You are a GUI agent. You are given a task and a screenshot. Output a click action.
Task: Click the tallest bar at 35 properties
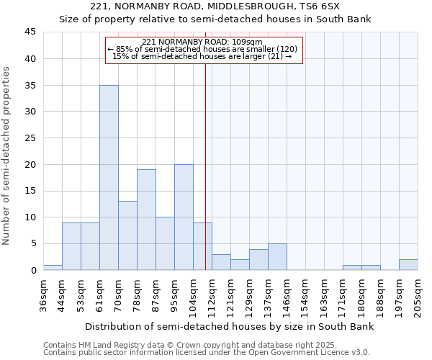tap(109, 177)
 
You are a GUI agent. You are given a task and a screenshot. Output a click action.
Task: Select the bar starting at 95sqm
tap(184, 217)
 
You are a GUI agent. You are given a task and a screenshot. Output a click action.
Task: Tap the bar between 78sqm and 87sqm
tap(146, 220)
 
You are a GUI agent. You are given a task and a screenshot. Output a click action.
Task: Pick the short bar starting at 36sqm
tap(53, 267)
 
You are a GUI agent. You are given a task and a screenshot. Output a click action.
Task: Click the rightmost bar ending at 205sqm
tap(408, 264)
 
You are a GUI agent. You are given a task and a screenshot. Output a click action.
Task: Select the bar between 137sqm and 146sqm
tap(277, 256)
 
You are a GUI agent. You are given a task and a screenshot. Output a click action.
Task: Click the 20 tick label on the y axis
tap(30, 164)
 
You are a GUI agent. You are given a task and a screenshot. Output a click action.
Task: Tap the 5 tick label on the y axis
tap(33, 243)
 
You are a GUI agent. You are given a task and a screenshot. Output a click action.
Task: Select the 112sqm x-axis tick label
tap(212, 294)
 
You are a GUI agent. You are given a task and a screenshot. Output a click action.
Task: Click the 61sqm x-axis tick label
tap(100, 294)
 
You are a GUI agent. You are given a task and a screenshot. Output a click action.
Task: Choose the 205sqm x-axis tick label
tap(418, 294)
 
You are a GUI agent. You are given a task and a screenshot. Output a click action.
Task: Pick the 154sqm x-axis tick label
tap(306, 294)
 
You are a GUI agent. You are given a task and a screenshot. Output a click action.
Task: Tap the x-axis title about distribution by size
tap(230, 327)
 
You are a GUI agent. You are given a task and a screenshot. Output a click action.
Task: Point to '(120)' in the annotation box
tap(286, 49)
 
